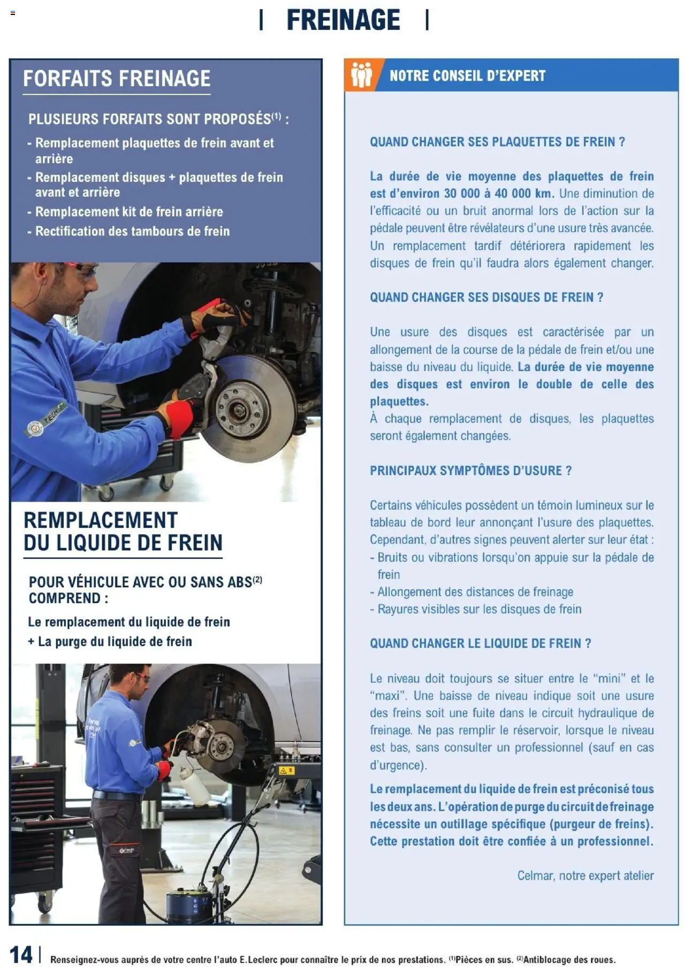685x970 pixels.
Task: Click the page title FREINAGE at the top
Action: (343, 20)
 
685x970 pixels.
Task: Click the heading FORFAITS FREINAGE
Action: (117, 79)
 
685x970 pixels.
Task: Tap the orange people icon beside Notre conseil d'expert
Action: (361, 75)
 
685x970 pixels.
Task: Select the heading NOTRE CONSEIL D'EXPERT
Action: (467, 76)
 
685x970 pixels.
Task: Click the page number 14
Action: (21, 954)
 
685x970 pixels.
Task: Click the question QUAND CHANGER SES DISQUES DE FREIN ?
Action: (486, 297)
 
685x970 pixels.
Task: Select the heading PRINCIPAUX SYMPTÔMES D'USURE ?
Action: (470, 471)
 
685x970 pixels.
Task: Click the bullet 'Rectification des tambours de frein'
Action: (132, 232)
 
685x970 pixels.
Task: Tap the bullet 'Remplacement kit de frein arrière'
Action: (128, 212)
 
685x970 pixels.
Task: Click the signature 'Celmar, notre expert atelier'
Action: (585, 876)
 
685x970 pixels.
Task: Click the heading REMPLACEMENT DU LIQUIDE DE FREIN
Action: (123, 532)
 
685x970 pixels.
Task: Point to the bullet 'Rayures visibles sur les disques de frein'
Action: (479, 609)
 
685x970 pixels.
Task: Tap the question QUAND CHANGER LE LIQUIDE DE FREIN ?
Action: (480, 643)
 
